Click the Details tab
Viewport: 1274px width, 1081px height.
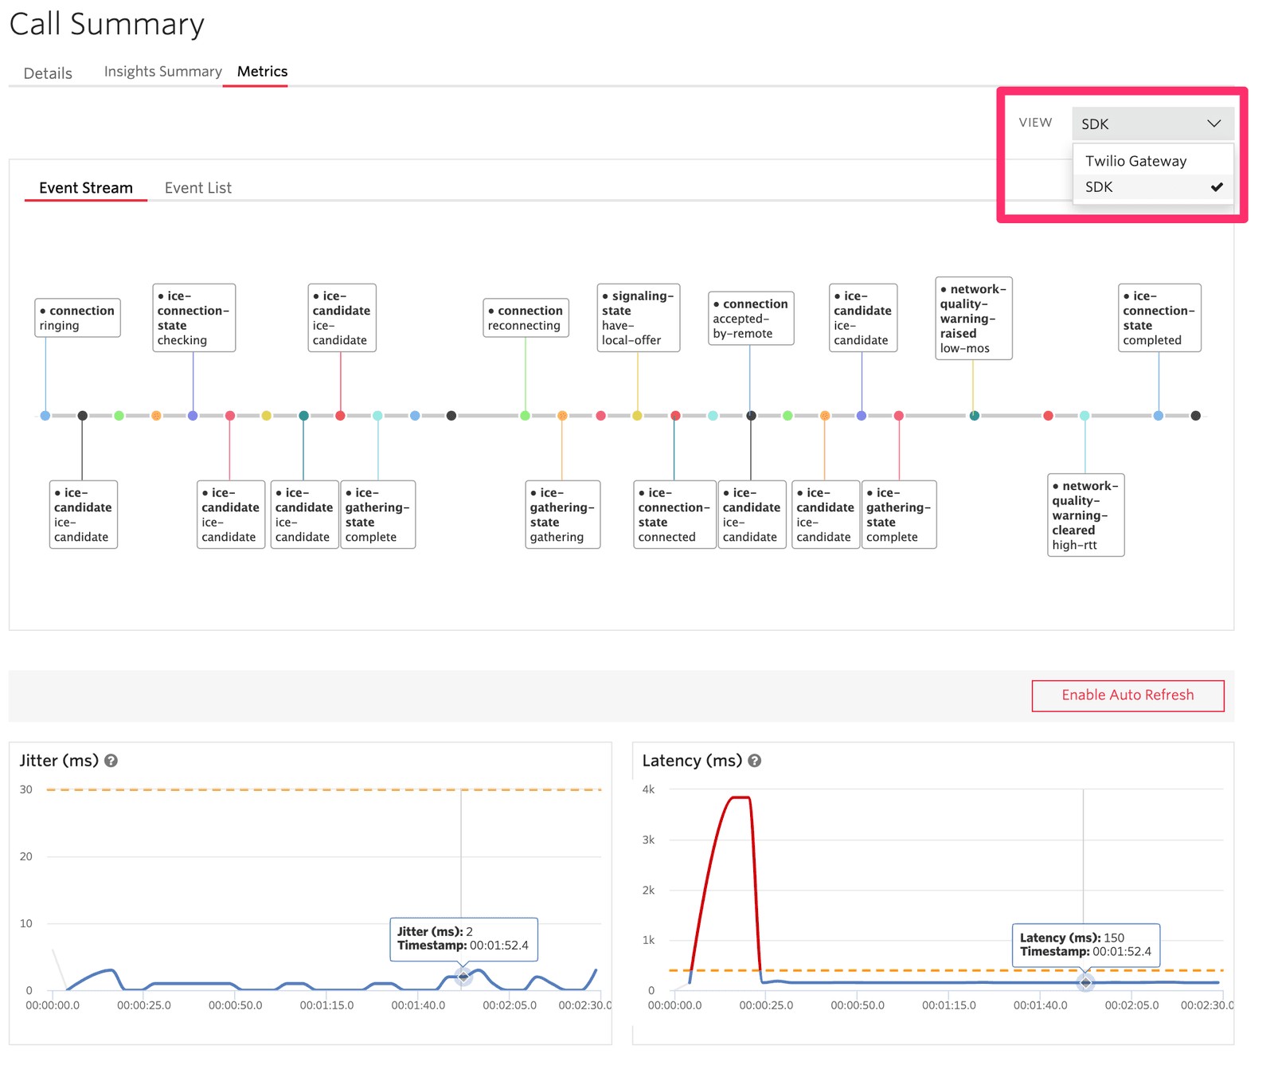tap(48, 73)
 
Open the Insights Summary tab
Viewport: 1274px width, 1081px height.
tap(162, 72)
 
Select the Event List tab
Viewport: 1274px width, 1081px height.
tap(197, 188)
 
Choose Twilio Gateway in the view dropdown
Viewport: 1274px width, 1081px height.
tap(1135, 161)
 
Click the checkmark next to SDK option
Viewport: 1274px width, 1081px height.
tap(1217, 187)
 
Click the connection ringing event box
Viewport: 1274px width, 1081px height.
tap(78, 318)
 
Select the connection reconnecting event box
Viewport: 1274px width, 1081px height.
tap(526, 318)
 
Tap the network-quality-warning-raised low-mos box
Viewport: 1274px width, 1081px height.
tap(973, 318)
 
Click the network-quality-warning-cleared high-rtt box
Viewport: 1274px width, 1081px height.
tap(1085, 515)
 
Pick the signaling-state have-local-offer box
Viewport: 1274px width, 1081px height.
tap(639, 318)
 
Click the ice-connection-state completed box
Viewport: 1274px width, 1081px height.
tap(1159, 318)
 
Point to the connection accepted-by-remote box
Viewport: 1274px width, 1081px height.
tap(750, 318)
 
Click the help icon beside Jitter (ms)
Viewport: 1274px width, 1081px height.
tap(111, 761)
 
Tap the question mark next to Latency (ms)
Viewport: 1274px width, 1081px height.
tap(755, 761)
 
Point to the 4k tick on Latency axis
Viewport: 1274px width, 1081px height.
tap(648, 789)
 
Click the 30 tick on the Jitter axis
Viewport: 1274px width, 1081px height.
tap(26, 789)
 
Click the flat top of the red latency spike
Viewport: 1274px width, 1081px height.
tap(741, 797)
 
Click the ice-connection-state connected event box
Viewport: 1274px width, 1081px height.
tap(674, 515)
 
